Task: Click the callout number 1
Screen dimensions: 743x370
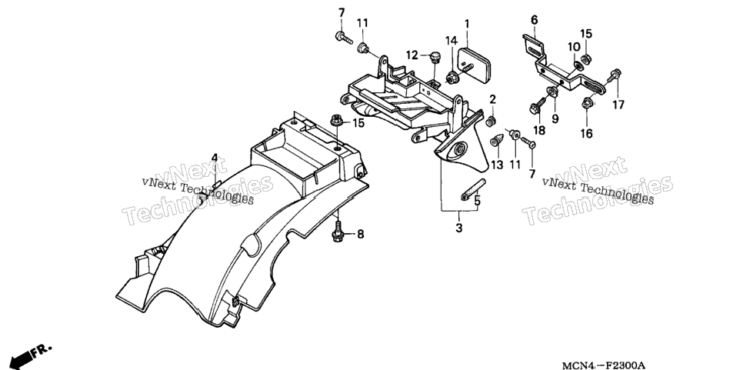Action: coord(467,23)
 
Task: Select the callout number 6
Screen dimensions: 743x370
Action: coord(535,20)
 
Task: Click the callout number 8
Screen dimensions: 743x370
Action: coord(361,234)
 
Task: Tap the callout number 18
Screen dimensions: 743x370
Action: coord(539,131)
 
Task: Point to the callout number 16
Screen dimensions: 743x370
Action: coord(587,134)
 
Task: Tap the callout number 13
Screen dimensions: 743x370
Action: coord(497,165)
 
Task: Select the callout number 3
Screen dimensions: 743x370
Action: coord(458,228)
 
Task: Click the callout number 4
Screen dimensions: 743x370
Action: coord(214,158)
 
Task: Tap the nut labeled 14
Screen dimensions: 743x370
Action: coord(451,76)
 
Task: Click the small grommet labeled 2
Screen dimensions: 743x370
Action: coord(491,121)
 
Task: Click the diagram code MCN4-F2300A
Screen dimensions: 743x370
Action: coord(603,365)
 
